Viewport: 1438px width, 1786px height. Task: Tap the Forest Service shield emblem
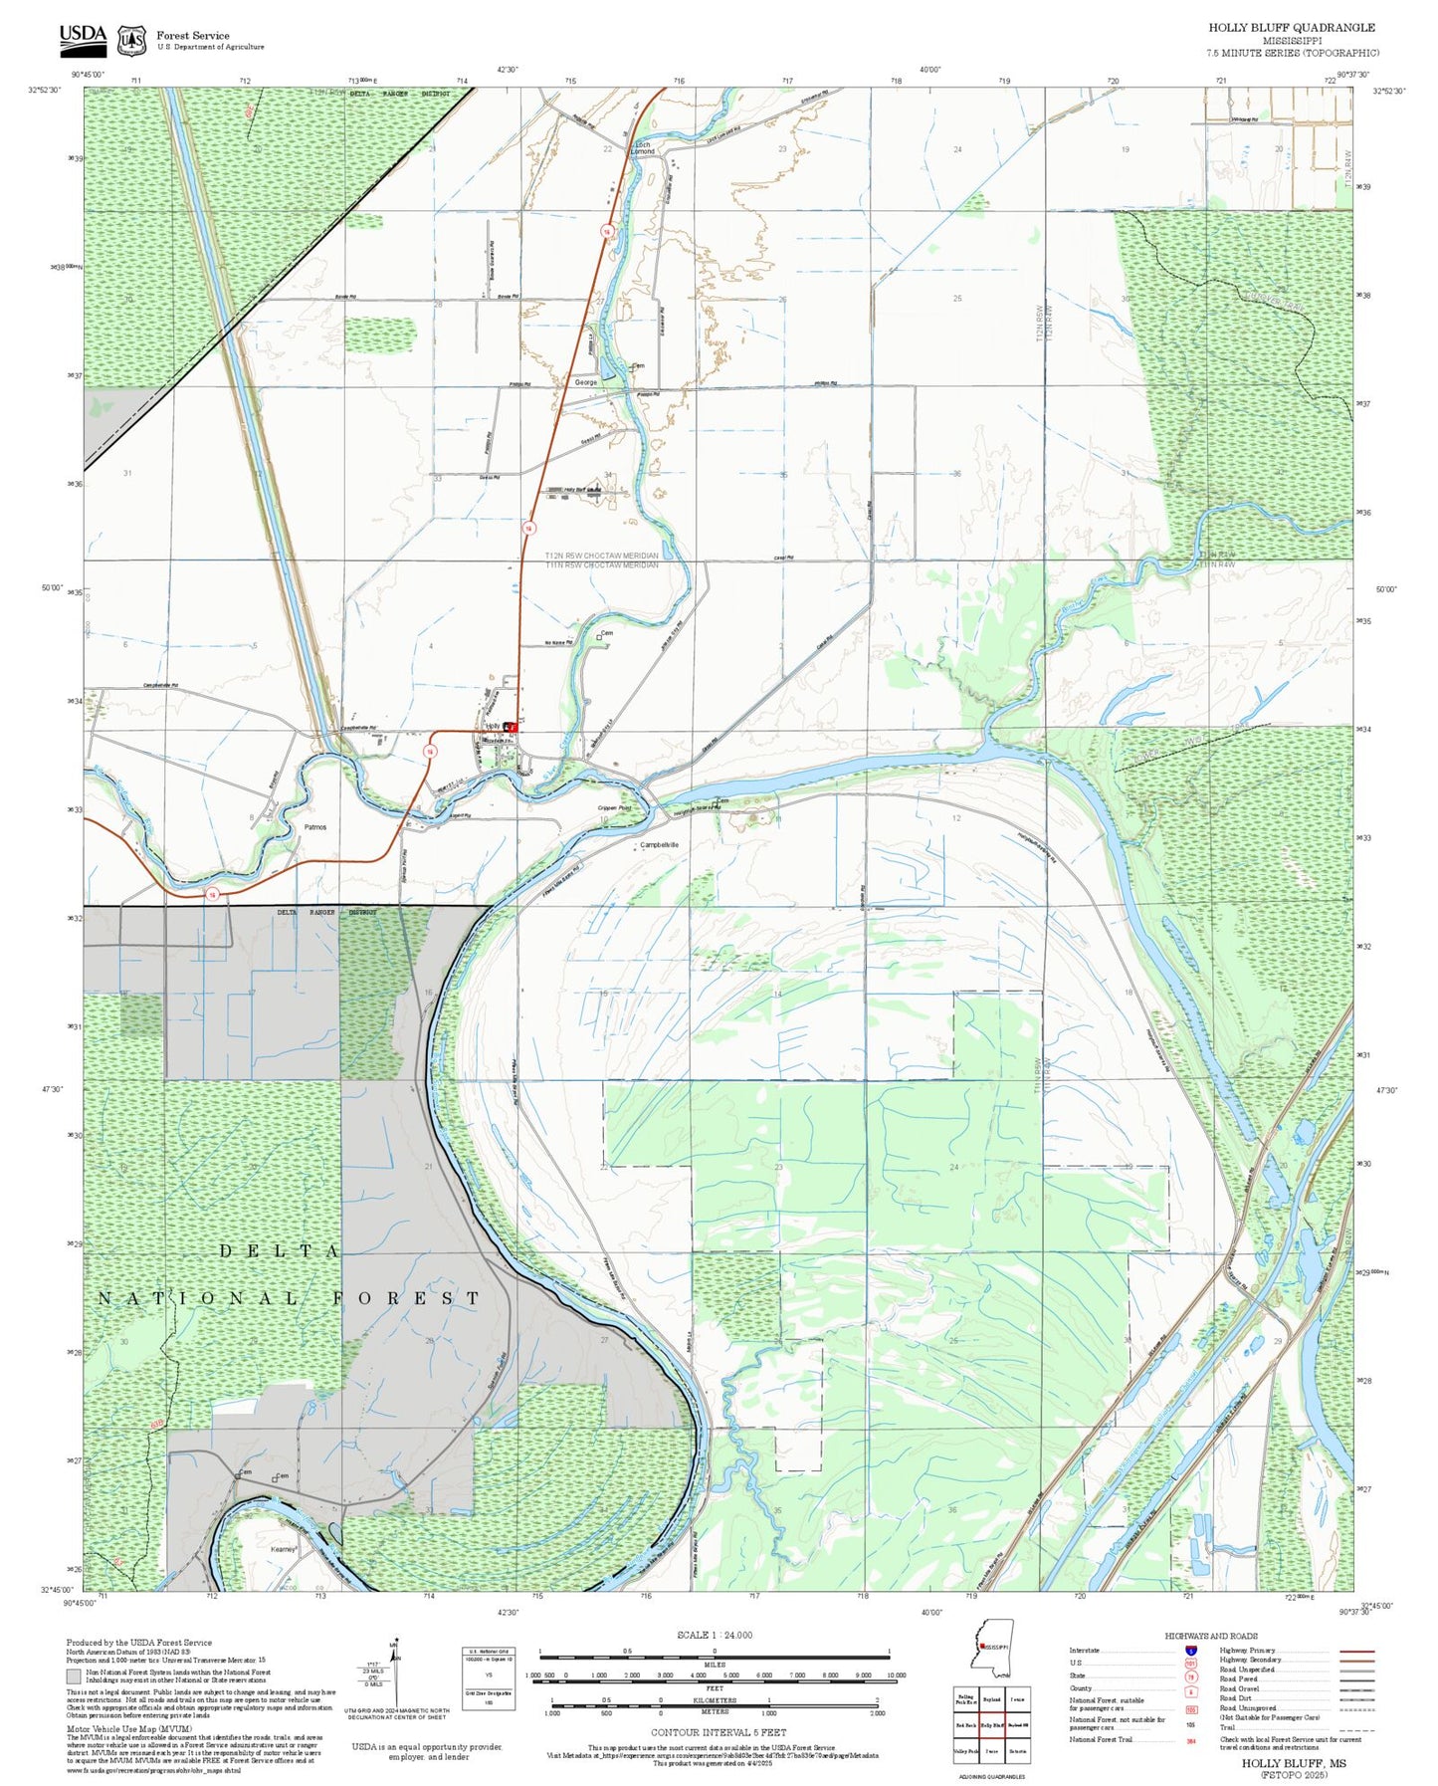point(131,40)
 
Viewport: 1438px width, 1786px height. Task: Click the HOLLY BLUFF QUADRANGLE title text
point(1291,28)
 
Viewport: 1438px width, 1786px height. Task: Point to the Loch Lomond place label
point(643,148)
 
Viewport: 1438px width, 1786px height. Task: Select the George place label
point(586,382)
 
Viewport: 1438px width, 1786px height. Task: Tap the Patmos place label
point(314,827)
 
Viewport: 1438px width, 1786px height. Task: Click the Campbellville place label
point(659,844)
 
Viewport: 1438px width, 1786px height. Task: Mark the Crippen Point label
point(614,807)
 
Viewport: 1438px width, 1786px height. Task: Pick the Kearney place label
point(283,1549)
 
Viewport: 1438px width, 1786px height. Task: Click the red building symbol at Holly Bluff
point(511,727)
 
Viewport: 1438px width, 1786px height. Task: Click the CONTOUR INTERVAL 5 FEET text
point(718,1732)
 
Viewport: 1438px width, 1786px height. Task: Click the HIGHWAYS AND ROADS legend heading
point(1210,1636)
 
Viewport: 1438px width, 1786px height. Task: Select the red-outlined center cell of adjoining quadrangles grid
point(991,1724)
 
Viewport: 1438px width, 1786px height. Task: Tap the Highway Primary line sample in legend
point(1356,1651)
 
